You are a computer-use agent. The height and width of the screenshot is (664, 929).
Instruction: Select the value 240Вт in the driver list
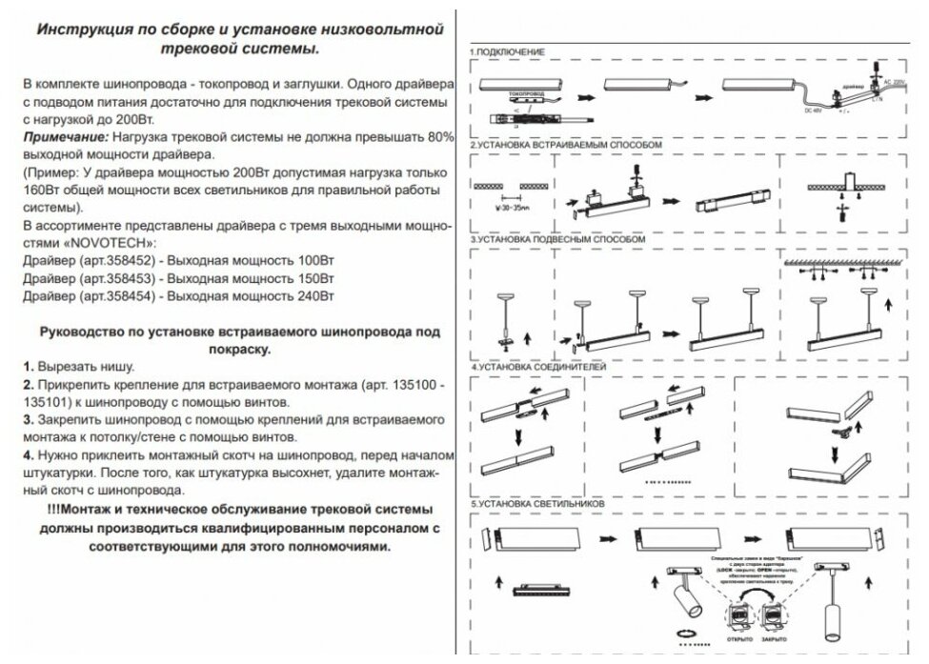(x=316, y=297)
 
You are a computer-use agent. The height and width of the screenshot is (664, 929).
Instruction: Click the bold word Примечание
(x=60, y=138)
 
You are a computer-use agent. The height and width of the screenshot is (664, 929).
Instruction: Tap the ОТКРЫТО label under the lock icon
(x=739, y=638)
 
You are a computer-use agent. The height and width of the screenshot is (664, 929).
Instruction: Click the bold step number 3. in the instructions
(x=29, y=419)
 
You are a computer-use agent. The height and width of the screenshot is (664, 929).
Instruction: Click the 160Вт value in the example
(x=37, y=190)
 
